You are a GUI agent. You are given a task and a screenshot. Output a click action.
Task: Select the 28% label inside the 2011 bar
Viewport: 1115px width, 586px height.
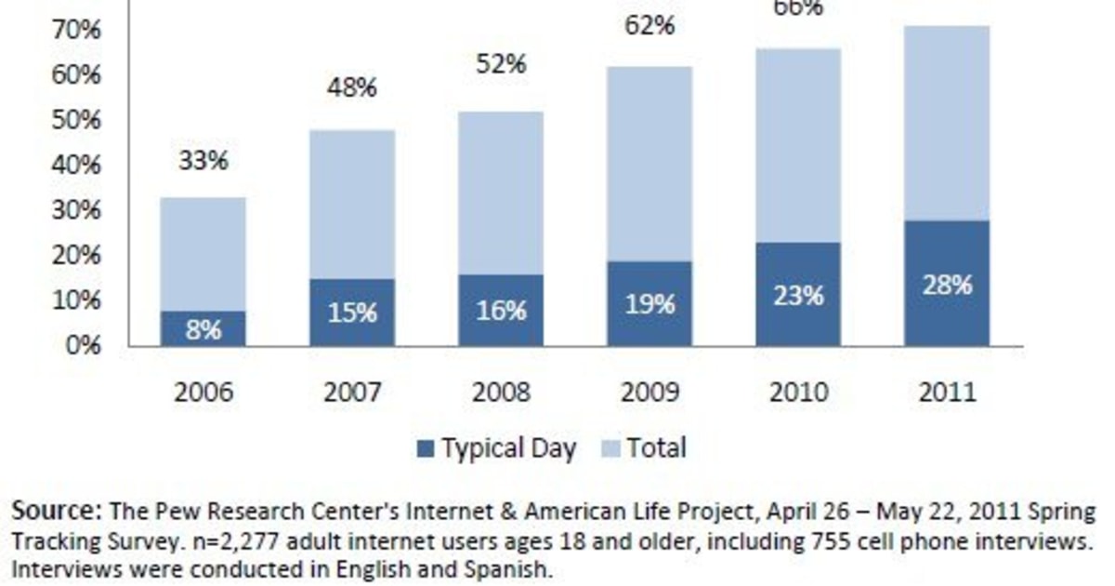947,286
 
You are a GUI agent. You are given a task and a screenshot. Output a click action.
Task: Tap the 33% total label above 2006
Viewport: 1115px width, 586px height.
203,161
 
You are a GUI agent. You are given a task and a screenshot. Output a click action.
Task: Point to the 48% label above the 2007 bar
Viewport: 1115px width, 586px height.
352,88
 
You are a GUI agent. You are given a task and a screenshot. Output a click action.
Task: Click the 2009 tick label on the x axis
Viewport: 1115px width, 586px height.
649,392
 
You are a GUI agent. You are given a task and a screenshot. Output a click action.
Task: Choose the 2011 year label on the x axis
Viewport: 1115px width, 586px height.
947,392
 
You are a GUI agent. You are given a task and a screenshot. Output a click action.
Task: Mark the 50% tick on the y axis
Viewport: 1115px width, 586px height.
77,120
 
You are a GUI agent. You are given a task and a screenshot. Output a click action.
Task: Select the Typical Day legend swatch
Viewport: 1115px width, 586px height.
426,449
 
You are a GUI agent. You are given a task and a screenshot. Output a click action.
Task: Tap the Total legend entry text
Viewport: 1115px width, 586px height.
656,448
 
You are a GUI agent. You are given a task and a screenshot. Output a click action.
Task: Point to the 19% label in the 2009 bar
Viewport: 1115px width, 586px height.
649,304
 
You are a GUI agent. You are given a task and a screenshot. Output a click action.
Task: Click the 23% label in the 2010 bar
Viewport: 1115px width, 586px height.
798,296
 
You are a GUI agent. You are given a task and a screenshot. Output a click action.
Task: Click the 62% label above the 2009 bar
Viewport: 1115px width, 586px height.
649,25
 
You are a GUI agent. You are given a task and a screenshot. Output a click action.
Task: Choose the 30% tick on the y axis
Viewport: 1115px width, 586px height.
77,210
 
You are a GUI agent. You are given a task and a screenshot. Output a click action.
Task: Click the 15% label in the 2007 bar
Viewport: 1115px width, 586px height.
352,313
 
